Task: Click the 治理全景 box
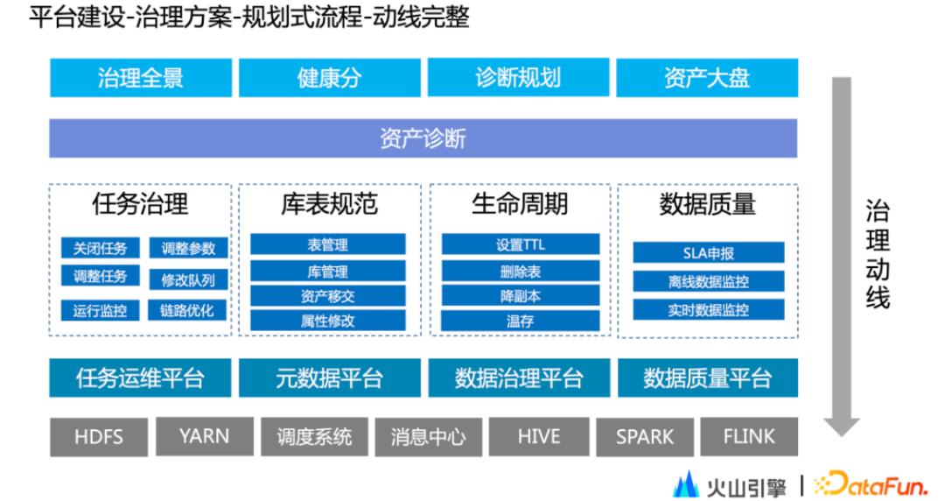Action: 141,78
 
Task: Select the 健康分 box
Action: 329,78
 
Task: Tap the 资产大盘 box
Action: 707,78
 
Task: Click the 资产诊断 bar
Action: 423,138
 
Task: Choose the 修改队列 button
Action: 188,279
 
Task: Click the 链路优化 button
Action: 188,310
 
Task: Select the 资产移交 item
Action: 328,296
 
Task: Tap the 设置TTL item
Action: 520,245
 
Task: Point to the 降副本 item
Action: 520,296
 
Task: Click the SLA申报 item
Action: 708,253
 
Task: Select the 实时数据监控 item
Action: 708,310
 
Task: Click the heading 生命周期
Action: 520,204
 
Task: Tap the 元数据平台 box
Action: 329,378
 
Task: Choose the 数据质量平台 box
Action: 708,378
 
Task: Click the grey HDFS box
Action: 99,436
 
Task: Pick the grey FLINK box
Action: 749,436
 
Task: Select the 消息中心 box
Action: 428,436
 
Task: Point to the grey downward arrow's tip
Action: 842,433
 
